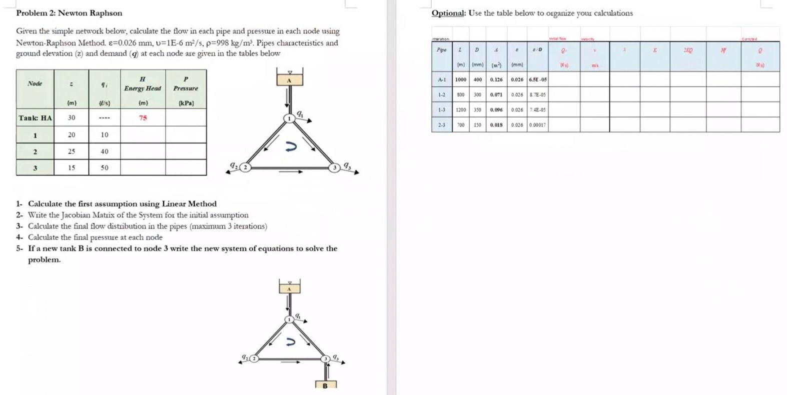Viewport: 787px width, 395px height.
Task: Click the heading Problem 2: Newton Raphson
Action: coord(69,13)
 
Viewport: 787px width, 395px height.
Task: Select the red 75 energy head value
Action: coord(143,118)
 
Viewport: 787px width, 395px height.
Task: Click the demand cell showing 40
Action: coord(104,151)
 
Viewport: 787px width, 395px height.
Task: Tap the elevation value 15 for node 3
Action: coord(72,168)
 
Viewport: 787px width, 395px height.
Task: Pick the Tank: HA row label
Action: coord(35,118)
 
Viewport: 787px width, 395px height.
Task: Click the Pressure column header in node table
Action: coord(186,83)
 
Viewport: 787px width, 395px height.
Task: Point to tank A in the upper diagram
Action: coord(289,80)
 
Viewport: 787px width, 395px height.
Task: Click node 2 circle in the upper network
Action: coord(245,167)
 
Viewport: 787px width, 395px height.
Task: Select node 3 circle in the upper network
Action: coord(334,167)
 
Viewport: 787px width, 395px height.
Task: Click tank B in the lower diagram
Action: coord(325,385)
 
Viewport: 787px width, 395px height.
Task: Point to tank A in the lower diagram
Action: coord(289,288)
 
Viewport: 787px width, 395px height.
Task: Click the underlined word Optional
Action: coord(448,13)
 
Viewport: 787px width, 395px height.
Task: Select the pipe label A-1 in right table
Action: coord(442,79)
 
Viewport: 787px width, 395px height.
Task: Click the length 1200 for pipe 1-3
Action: coord(460,110)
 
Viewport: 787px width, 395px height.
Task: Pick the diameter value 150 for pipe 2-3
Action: coord(478,125)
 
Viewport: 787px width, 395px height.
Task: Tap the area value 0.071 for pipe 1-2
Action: coord(496,94)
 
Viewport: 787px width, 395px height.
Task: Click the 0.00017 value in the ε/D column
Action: coord(537,125)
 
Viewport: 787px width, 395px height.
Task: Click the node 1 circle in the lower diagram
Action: coord(289,319)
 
